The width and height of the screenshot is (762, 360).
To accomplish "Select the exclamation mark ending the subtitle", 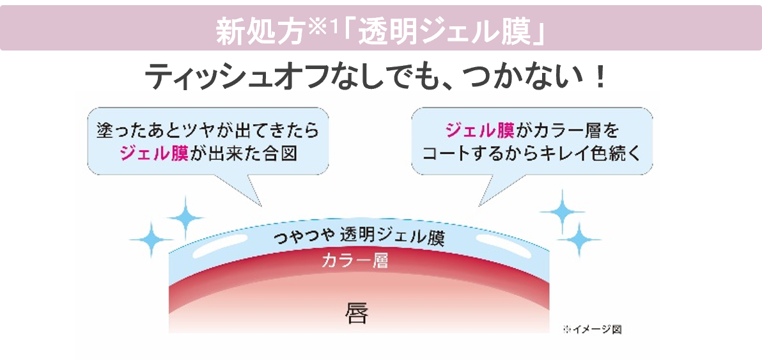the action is (x=598, y=77).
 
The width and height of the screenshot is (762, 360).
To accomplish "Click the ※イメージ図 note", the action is (x=592, y=330).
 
